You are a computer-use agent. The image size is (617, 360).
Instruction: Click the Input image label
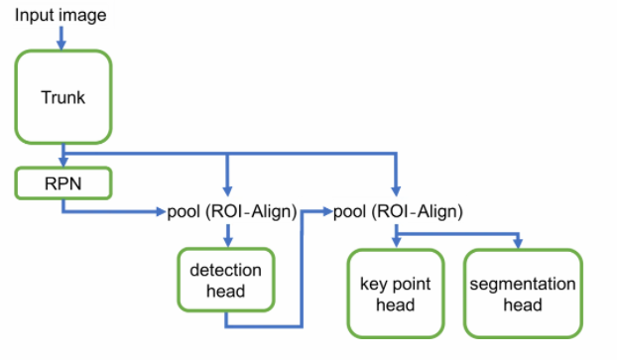tap(61, 16)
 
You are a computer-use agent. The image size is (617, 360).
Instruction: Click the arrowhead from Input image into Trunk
tap(62, 45)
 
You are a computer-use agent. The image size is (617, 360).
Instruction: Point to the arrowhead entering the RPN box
tap(63, 162)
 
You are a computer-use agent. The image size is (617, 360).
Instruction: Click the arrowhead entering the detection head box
tap(228, 241)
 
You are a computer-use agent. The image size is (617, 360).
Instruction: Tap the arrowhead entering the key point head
tap(397, 242)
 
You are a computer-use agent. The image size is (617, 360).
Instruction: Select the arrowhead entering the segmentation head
tap(518, 243)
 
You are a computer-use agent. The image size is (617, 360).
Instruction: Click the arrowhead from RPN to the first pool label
tap(162, 212)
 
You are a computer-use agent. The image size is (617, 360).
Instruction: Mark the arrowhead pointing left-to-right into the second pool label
tap(327, 211)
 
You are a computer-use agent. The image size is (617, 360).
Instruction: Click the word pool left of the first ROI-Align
tap(184, 212)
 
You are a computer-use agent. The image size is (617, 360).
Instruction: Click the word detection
tap(225, 270)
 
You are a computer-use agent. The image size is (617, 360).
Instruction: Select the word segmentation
tap(523, 284)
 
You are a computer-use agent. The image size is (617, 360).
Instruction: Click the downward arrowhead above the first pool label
tap(227, 190)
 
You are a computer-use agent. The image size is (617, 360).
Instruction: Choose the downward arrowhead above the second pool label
tap(396, 190)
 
